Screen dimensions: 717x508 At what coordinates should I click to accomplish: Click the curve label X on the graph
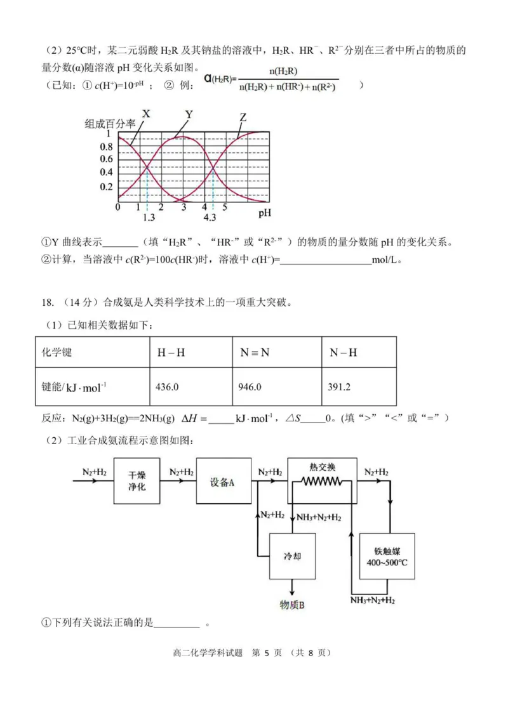[146, 114]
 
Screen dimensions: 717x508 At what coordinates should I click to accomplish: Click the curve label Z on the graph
[243, 117]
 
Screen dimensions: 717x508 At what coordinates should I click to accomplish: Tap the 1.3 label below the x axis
[149, 218]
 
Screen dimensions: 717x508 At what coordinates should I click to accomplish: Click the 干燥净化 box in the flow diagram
[137, 482]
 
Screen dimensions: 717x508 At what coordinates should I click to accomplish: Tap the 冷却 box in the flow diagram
[292, 556]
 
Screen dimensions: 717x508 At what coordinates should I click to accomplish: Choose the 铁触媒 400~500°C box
[387, 556]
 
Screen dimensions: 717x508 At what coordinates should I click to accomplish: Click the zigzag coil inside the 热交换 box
[321, 482]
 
